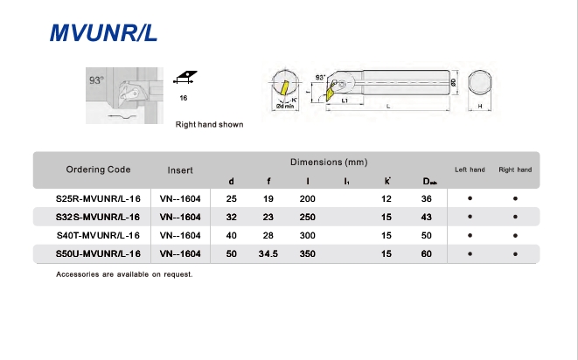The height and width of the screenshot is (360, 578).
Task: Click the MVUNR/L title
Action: coord(103,33)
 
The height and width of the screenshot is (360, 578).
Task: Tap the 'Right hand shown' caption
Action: coord(209,125)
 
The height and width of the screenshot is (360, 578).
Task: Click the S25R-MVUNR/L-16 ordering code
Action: coord(98,199)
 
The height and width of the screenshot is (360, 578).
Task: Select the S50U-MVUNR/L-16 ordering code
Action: coord(98,254)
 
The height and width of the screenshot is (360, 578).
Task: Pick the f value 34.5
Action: coord(268,254)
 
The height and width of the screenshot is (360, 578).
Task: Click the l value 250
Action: coord(308,217)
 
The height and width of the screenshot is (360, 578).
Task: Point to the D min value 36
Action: coord(427,199)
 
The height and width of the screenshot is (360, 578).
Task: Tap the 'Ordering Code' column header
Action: coord(99,170)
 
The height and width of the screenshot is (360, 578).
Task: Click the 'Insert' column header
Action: coord(180,170)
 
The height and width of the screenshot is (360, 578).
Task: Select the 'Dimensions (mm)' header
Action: coord(329,163)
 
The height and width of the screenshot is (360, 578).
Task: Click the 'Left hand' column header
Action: coord(470,170)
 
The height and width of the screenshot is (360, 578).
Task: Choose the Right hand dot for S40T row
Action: coord(515,235)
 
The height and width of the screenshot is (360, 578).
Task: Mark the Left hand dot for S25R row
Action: coord(470,198)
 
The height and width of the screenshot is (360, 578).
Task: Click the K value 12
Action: coord(386,199)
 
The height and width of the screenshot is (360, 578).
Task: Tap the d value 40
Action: coord(231,235)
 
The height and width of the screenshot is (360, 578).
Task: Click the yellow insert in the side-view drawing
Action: coord(331,93)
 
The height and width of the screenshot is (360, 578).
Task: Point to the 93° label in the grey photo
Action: coord(96,80)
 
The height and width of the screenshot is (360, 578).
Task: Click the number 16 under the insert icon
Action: coord(184,98)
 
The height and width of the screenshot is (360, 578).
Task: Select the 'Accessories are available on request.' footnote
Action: coord(124,274)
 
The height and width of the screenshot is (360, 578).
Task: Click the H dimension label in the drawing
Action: coord(480,106)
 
